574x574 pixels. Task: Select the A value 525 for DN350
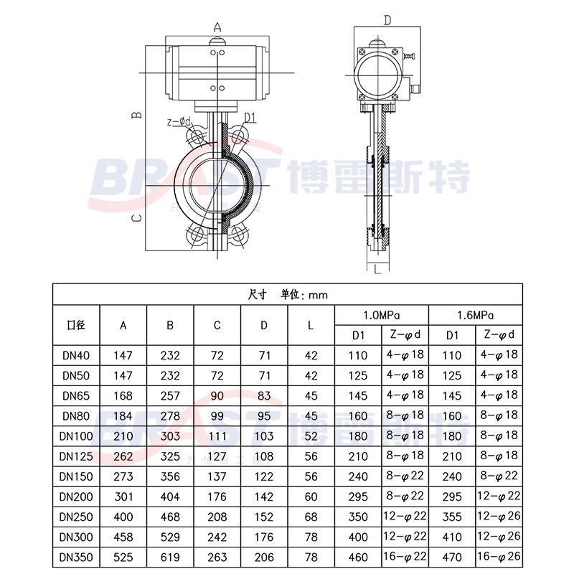click(123, 555)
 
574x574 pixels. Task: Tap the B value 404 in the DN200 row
click(170, 495)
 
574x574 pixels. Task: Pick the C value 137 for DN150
click(217, 475)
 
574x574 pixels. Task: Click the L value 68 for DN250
click(310, 515)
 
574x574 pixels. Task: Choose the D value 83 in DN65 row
click(263, 395)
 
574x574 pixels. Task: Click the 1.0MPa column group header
click(381, 315)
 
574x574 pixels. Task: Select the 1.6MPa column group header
click(475, 315)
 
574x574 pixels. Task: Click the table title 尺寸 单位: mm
click(287, 294)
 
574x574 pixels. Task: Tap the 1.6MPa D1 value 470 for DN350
click(452, 555)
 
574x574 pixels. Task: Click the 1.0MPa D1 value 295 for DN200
click(358, 495)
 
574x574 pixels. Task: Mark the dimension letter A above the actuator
click(217, 27)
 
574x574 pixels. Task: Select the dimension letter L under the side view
click(377, 269)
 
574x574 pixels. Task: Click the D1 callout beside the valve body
click(250, 117)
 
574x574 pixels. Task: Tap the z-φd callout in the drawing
click(179, 122)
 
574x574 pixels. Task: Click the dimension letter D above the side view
click(386, 20)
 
